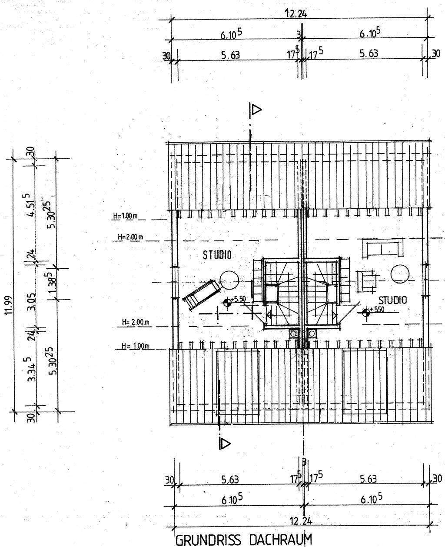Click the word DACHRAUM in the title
278,540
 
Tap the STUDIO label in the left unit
217,255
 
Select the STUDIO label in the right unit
392,300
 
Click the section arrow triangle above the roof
256,109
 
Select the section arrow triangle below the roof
225,443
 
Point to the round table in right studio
400,273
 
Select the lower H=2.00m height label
136,322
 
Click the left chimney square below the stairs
294,334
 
